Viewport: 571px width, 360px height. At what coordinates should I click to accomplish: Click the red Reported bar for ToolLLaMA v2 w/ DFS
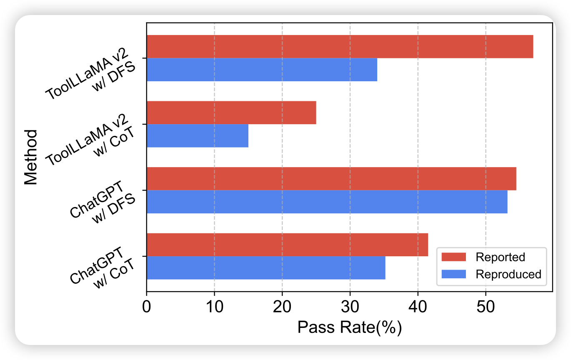coord(340,46)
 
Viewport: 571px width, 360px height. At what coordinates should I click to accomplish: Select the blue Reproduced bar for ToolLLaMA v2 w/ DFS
coord(262,70)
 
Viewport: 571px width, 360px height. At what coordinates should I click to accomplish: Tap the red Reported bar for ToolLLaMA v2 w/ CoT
coord(231,112)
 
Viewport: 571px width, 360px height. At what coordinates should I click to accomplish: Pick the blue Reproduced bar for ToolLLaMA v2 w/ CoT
coord(198,135)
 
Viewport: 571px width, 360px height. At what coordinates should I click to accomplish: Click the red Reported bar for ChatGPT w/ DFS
coord(331,179)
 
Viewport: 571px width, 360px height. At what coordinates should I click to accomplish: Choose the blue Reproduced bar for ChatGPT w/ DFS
coord(327,202)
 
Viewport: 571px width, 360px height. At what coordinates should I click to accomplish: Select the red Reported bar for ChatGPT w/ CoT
coord(287,245)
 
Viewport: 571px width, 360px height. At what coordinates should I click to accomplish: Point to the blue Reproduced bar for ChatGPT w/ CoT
coord(266,267)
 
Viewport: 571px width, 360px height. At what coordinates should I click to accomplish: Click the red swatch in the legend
coord(454,257)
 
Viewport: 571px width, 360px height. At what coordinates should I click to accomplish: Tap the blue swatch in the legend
coord(454,274)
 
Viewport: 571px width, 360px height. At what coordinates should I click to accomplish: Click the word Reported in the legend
coord(500,257)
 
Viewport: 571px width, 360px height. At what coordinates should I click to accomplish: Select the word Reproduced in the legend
coord(508,274)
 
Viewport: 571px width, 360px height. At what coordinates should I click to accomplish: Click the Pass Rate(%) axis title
coord(349,327)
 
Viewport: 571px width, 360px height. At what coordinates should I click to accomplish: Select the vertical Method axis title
coord(30,157)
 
